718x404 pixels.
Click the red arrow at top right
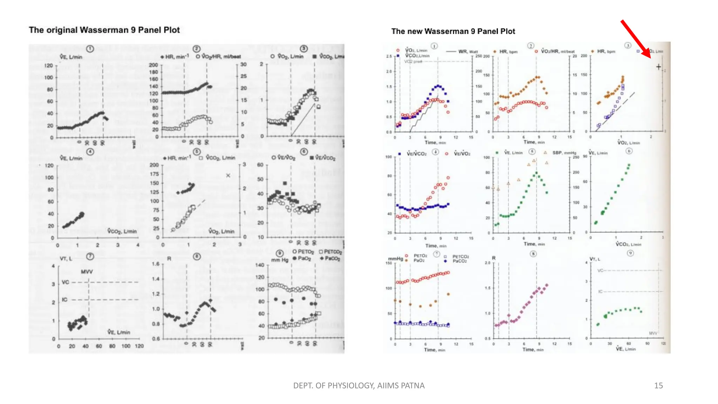coord(635,38)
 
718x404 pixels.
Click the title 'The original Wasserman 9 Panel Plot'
coord(104,30)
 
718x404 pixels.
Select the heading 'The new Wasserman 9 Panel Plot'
coord(453,32)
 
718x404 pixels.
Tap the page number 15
coord(658,385)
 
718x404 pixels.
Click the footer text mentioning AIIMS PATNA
coord(359,385)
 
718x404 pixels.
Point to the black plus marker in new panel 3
coord(658,67)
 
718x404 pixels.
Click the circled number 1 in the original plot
coord(90,49)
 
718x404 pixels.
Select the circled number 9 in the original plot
coord(279,253)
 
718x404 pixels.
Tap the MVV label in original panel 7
coord(87,272)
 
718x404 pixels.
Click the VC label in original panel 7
coord(65,282)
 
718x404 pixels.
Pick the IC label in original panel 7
coord(65,300)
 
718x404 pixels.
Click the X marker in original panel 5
coord(228,175)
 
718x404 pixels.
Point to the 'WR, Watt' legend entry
coord(468,52)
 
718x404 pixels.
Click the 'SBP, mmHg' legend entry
coord(564,153)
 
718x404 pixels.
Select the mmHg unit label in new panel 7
coord(395,259)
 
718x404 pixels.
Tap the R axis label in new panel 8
coord(494,258)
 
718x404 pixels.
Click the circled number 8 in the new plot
coord(533,254)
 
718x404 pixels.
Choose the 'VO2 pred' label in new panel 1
coord(413,61)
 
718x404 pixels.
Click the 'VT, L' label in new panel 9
coord(595,259)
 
